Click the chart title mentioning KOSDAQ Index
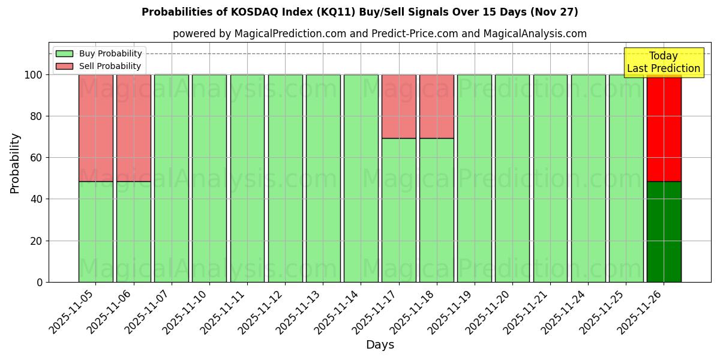[x=359, y=12]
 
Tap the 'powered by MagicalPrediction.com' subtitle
[x=379, y=34]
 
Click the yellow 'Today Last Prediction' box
[x=663, y=62]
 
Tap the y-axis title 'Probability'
[x=15, y=163]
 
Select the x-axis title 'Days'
[x=380, y=345]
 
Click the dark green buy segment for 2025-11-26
[x=664, y=232]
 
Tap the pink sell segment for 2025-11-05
[x=96, y=128]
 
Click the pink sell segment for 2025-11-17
[x=399, y=106]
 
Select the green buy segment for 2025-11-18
[x=437, y=210]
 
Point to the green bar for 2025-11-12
[x=285, y=178]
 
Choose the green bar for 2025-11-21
[x=550, y=178]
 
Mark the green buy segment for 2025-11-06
[x=134, y=232]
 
